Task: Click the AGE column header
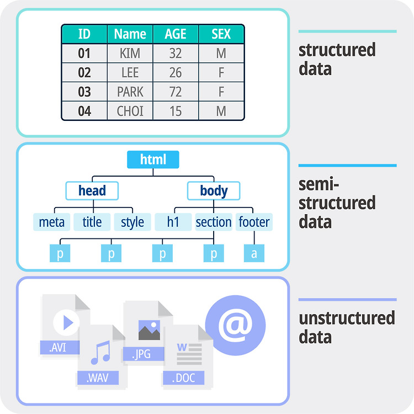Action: (x=176, y=34)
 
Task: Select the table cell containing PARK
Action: (x=130, y=92)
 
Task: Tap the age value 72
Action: (x=176, y=92)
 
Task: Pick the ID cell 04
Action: (x=84, y=111)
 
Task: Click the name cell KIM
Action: (x=130, y=53)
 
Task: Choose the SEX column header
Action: (x=221, y=34)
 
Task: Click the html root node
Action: (x=153, y=160)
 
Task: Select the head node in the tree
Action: (x=92, y=190)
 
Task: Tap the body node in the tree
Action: (x=214, y=190)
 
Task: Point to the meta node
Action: (x=52, y=222)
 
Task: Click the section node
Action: (x=214, y=222)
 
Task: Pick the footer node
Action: (x=254, y=222)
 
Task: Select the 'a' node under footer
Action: (x=254, y=253)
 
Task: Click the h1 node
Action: (x=173, y=222)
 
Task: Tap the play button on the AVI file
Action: (x=67, y=322)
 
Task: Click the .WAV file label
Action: (x=98, y=378)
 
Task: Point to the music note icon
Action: (x=100, y=353)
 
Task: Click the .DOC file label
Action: (x=184, y=378)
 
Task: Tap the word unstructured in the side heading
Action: (x=347, y=318)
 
